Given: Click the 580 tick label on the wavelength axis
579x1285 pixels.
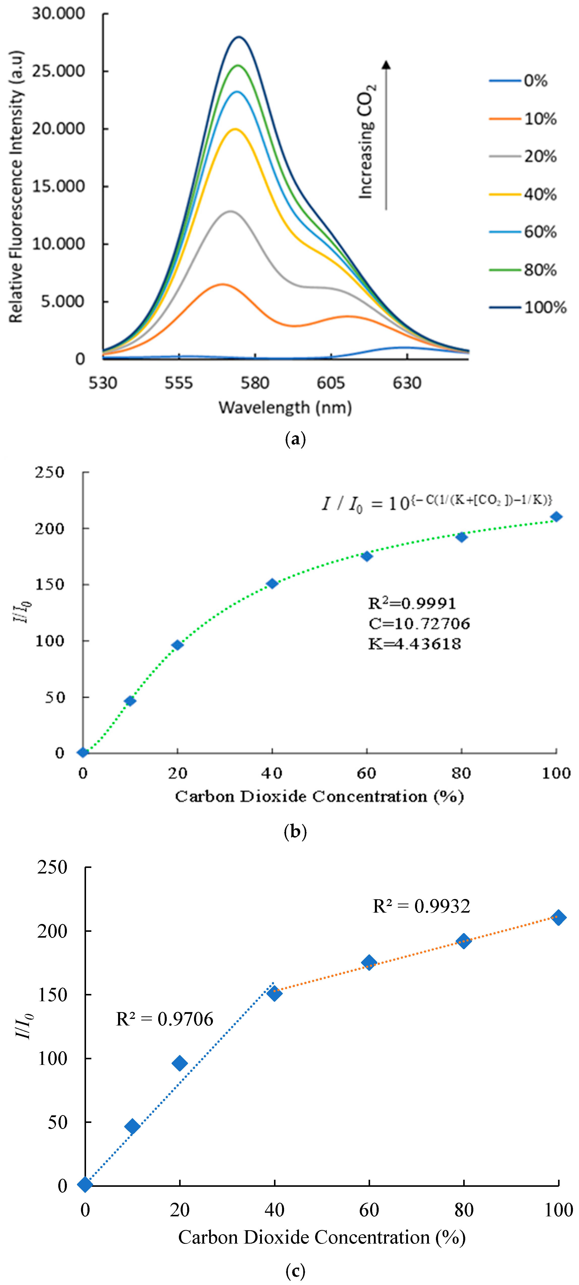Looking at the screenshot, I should [x=255, y=383].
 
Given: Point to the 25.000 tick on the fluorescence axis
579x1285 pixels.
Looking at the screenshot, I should [x=58, y=71].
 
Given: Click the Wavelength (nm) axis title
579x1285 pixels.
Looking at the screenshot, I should [x=285, y=407].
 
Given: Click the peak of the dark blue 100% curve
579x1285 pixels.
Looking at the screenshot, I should [x=239, y=37].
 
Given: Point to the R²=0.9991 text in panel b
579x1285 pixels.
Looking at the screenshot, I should [x=412, y=604].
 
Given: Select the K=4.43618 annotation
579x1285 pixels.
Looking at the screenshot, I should [x=415, y=644].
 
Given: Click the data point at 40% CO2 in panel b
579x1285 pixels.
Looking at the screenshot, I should [x=272, y=584].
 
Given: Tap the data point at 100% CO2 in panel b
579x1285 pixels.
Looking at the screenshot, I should [x=556, y=517].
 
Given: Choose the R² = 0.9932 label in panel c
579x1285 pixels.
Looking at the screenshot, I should [x=421, y=906].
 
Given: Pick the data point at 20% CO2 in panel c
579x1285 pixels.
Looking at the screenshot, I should [x=180, y=1064].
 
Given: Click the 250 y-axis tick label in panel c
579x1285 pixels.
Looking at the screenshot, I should [x=52, y=867].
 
